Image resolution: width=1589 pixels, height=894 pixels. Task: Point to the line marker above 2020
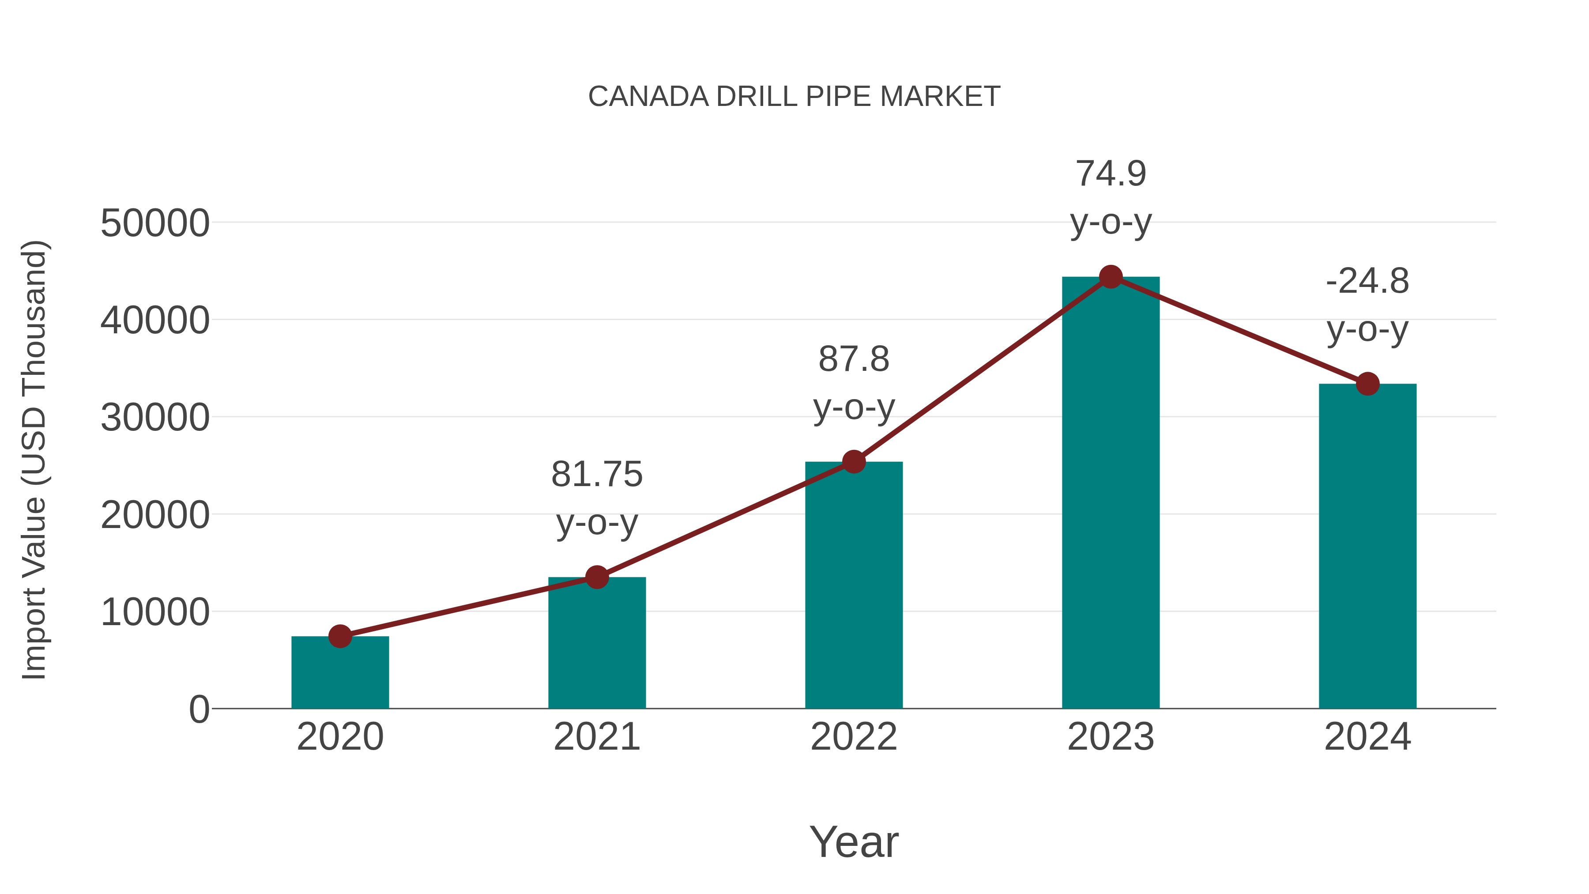pos(340,636)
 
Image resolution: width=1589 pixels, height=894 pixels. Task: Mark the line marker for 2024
pos(1367,384)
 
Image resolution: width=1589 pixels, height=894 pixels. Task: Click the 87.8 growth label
pos(853,382)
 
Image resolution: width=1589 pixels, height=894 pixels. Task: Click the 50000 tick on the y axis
pos(155,223)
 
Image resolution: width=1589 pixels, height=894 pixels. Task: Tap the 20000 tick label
pos(155,515)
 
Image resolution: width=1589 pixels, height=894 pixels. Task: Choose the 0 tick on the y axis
pos(199,709)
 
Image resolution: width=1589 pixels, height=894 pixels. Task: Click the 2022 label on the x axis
pos(853,737)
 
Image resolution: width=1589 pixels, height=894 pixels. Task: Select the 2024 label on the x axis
pos(1367,737)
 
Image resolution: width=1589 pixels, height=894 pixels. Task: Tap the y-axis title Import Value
pos(34,460)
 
